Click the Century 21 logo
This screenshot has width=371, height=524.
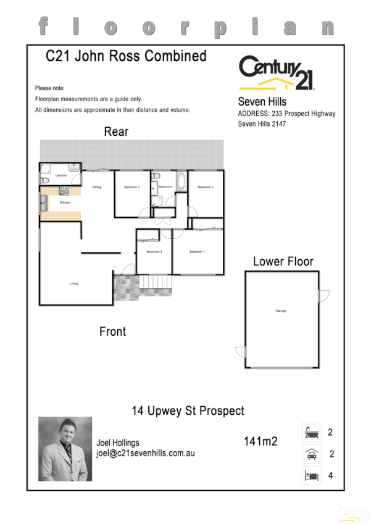pos(277,73)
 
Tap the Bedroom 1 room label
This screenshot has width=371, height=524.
pos(197,252)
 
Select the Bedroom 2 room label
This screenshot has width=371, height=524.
pos(206,187)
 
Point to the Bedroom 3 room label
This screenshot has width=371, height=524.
pos(132,187)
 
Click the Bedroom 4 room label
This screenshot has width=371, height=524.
pos(154,252)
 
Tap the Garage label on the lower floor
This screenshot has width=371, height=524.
pos(281,311)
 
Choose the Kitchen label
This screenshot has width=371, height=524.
pos(65,202)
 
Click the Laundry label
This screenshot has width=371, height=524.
pos(60,176)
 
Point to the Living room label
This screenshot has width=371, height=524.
pos(73,284)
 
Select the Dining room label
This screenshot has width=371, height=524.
pos(97,187)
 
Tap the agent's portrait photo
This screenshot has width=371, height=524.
pos(65,449)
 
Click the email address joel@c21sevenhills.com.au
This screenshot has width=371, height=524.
pos(146,453)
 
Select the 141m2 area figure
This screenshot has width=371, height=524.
pos(260,441)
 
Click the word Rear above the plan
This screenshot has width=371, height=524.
pos(116,131)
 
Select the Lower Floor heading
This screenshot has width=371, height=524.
pos(283,262)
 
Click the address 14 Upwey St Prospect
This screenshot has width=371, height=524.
pos(188,410)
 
